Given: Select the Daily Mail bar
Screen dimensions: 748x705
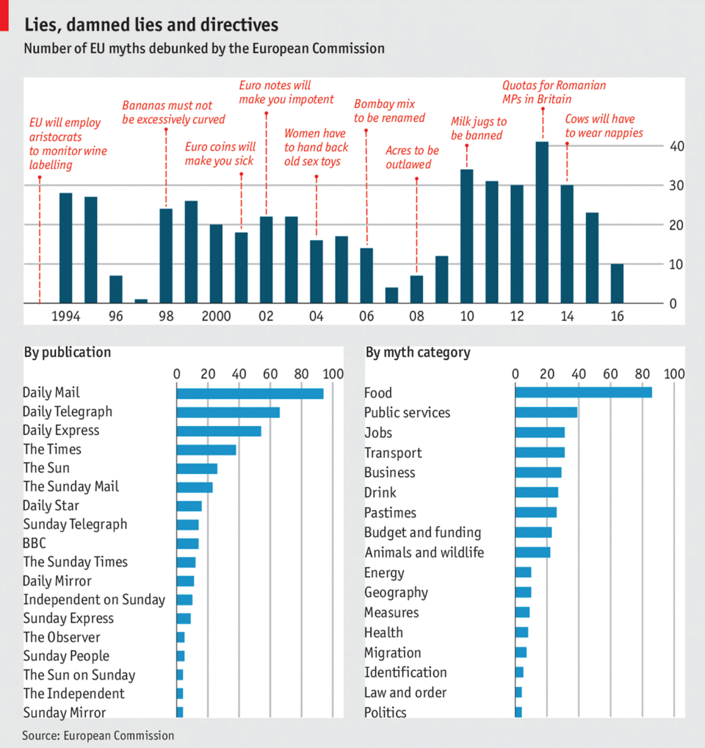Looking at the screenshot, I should click(250, 393).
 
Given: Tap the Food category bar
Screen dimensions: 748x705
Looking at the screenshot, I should click(583, 393).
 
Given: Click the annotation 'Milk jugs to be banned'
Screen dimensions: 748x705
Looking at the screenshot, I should click(477, 129).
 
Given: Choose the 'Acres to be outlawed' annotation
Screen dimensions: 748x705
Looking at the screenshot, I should click(412, 157).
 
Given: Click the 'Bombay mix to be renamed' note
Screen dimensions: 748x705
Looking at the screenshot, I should click(389, 111).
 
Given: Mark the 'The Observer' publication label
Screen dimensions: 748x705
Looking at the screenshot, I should click(62, 637).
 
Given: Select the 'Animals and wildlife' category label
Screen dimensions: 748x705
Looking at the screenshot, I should click(424, 553).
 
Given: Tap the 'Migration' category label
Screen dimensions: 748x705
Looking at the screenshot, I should click(393, 652).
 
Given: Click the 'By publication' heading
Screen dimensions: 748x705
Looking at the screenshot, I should click(68, 352).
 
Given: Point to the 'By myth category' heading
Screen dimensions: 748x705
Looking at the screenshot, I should click(418, 352).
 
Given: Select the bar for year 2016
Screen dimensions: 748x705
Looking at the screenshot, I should click(617, 283).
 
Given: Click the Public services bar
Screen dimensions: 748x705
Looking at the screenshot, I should click(546, 413).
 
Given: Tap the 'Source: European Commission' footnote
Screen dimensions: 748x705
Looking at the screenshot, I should click(98, 735).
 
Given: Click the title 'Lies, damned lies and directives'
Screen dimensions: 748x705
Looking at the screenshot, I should click(151, 24).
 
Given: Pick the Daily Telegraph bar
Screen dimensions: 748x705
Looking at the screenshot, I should click(228, 412).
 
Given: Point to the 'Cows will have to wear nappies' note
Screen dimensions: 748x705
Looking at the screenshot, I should click(604, 126).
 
